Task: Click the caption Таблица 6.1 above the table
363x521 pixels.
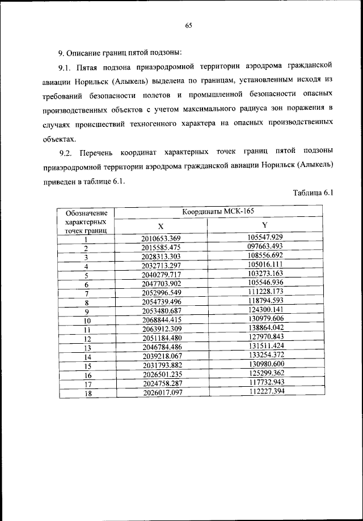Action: (313, 193)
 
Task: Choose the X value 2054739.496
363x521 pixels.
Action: (161, 302)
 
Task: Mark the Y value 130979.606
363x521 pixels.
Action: (265, 319)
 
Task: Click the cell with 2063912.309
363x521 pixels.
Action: (161, 330)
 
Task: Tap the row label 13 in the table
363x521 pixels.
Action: (87, 348)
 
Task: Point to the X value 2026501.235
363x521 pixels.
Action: (161, 374)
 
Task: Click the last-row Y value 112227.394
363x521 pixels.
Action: (265, 391)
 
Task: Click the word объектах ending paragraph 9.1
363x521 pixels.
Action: (58, 138)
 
